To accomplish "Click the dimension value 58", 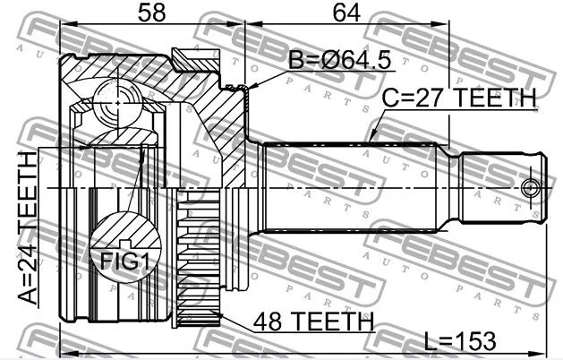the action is (151, 13).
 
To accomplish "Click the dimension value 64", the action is (346, 13).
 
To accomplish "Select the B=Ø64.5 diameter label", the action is (339, 59).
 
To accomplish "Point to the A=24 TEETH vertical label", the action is (27, 227).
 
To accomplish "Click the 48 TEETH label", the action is (314, 321).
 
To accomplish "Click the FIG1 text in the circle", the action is (124, 261).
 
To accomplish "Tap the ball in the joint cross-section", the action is (118, 103).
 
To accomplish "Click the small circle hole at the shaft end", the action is (530, 188).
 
